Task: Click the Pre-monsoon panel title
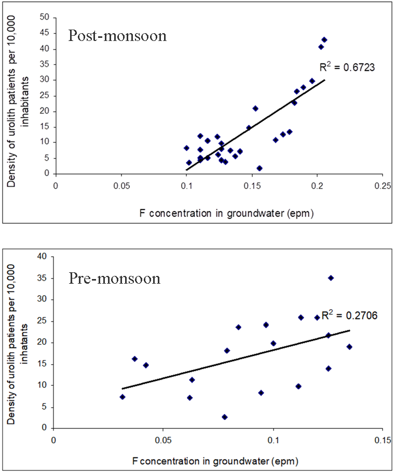[114, 279]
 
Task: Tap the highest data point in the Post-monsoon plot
[324, 39]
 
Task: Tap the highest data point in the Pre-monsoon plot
[331, 278]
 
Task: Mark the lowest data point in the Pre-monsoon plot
[224, 417]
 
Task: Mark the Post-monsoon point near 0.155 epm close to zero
[260, 168]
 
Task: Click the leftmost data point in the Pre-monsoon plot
[123, 397]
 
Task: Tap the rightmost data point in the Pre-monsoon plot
[349, 346]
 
